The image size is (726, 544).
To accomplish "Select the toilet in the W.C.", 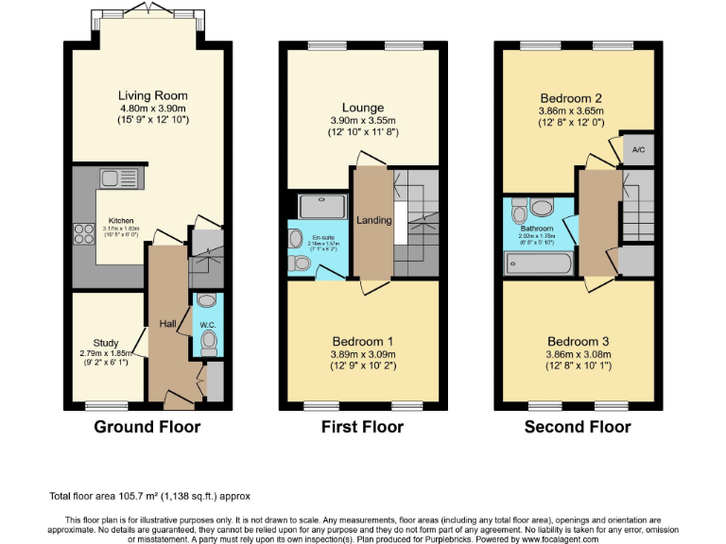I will pos(209,340).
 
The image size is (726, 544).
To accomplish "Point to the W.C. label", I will pos(207,324).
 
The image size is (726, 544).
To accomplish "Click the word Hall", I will pos(167,324).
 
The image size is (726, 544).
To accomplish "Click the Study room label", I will pos(106,343).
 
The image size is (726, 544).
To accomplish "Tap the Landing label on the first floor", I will pos(374,220).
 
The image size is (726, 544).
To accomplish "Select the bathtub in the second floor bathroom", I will pos(538,263).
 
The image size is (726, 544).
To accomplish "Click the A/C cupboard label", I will pos(638,150).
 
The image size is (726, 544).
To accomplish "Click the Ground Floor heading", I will pos(147,427).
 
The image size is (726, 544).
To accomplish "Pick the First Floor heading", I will pos(362,427).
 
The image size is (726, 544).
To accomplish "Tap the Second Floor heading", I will pos(578,427).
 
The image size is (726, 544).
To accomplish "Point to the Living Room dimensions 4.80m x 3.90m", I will pos(152,108).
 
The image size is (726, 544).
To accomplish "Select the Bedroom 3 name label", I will pos(578,342).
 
